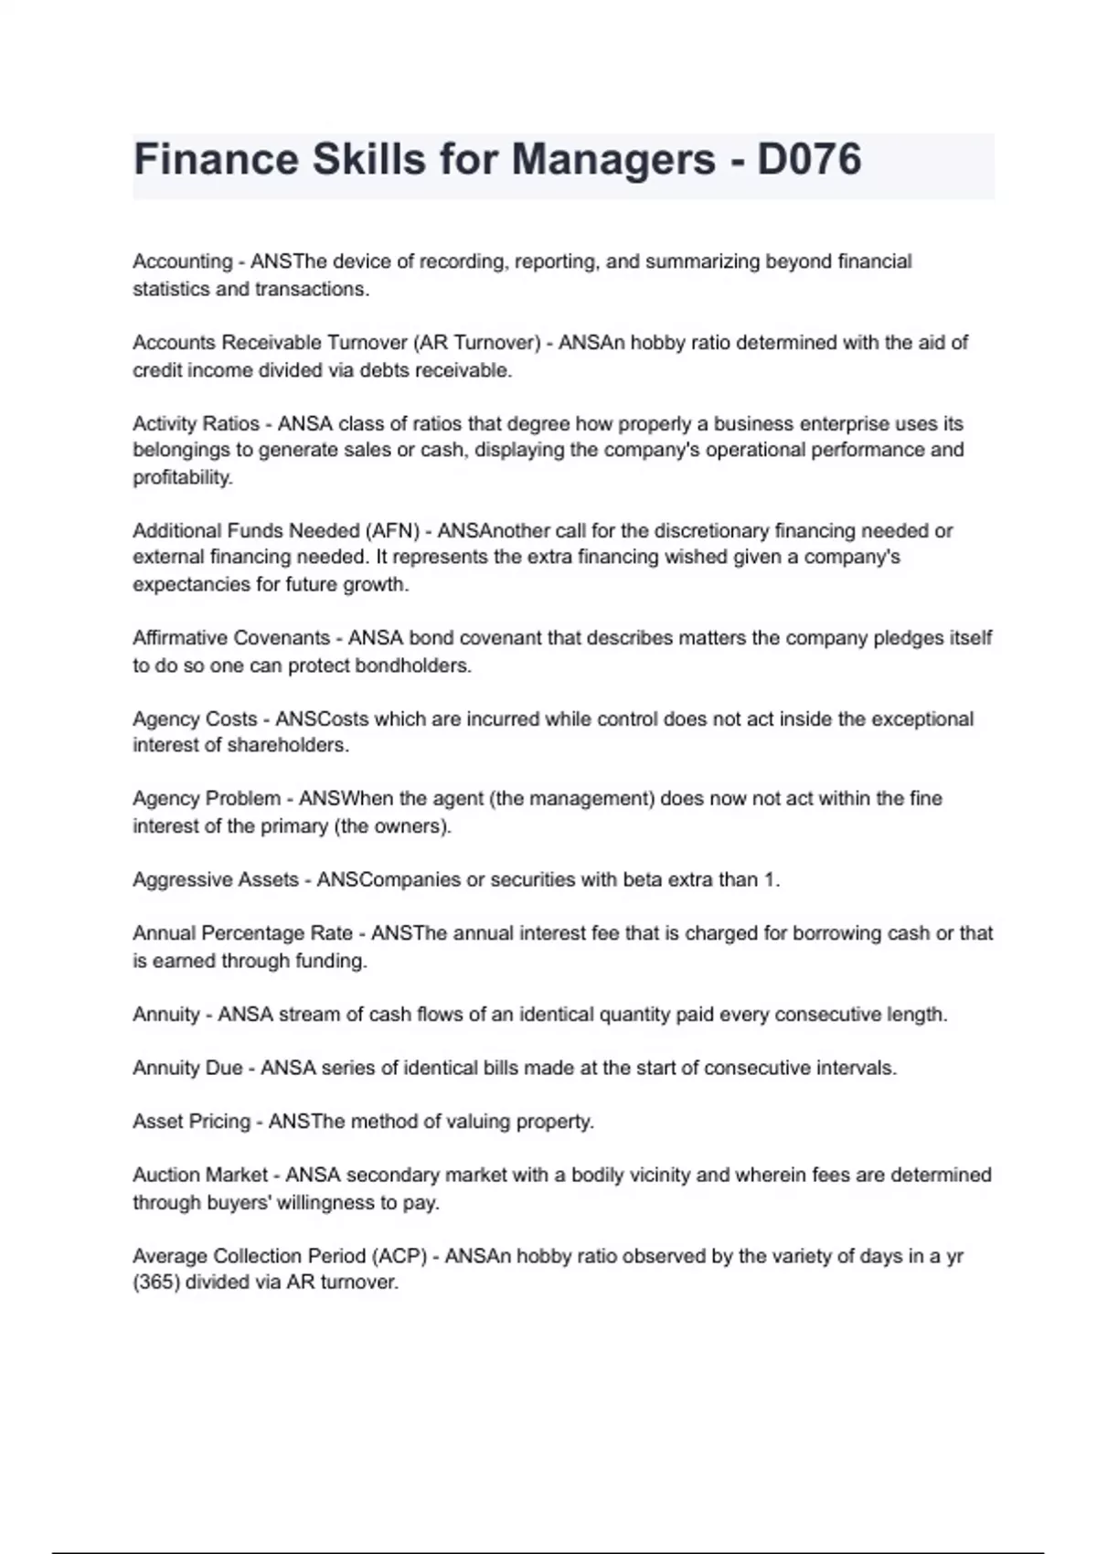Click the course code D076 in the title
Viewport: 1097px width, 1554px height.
click(809, 160)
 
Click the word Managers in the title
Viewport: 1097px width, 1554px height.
click(613, 160)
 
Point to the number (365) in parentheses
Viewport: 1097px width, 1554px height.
click(156, 1283)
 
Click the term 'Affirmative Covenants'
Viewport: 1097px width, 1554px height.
click(231, 638)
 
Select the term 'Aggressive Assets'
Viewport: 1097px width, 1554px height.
click(216, 879)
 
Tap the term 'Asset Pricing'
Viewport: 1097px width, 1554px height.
click(191, 1122)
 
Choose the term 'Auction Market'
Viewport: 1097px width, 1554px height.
click(200, 1175)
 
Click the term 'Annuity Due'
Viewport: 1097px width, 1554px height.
click(187, 1068)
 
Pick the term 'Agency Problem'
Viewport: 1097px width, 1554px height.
click(207, 799)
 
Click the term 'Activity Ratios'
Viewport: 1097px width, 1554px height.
click(197, 424)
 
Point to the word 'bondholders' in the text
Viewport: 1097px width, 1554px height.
click(412, 665)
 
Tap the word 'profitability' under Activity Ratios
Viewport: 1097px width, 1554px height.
click(183, 477)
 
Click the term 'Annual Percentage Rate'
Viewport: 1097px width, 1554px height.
click(242, 933)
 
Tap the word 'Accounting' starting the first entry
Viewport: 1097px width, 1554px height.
click(183, 261)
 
